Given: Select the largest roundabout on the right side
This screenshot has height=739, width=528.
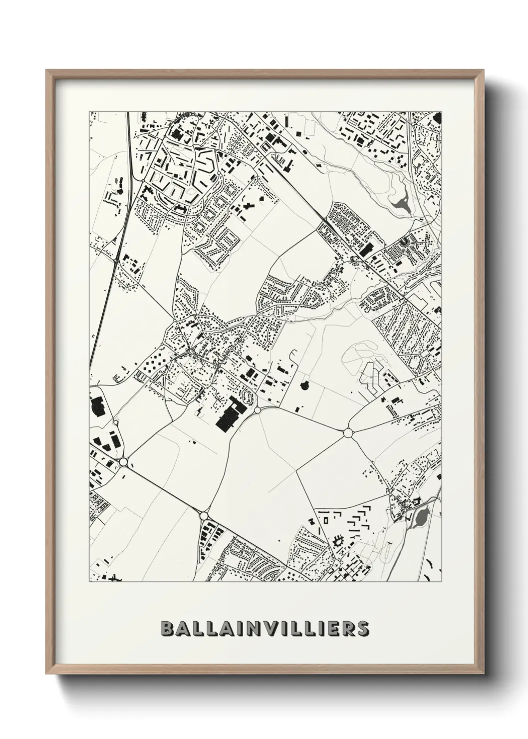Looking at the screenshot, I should tap(348, 432).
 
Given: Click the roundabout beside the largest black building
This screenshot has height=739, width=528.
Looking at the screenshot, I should tap(257, 410).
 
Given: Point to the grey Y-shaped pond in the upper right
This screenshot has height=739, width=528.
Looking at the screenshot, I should tap(402, 201).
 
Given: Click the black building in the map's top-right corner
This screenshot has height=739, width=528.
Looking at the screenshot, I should tap(438, 118).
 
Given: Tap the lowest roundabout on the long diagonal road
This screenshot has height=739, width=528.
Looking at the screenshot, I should tap(203, 515).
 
